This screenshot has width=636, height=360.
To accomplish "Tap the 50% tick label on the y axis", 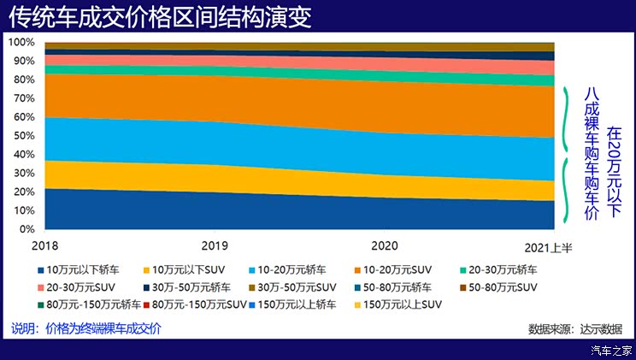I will pyautogui.click(x=24, y=136).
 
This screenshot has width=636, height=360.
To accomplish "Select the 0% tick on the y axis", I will pyautogui.click(x=26, y=229).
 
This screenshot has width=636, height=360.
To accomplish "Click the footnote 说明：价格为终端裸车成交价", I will pyautogui.click(x=85, y=328).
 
